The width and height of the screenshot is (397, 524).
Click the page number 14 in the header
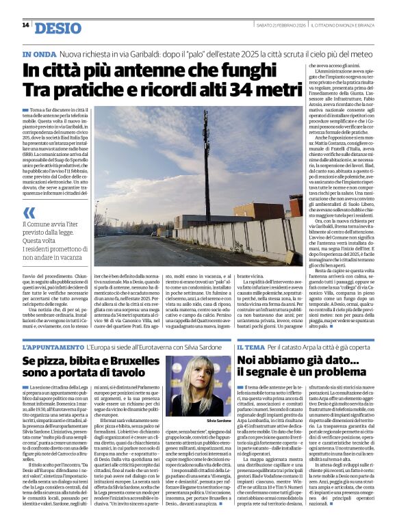(25, 25)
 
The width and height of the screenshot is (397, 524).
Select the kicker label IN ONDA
(38, 53)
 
